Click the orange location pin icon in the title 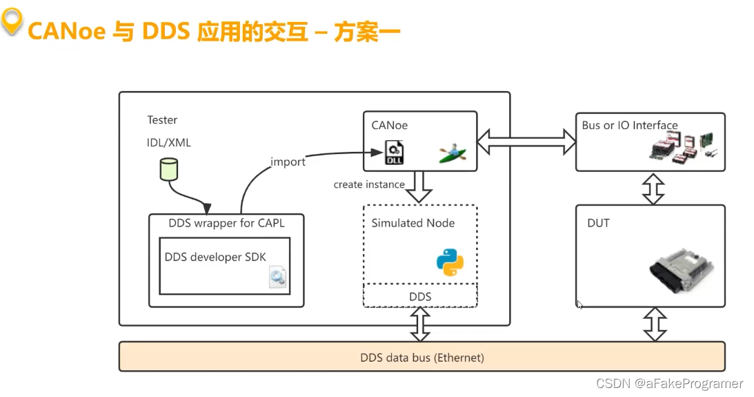(x=12, y=22)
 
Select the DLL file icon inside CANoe (x=395, y=152)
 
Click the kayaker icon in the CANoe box (x=453, y=153)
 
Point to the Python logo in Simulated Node (x=450, y=262)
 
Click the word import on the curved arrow (x=288, y=162)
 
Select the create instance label (x=369, y=184)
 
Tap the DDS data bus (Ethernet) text (x=422, y=358)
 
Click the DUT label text (x=598, y=223)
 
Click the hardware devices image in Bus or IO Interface (x=684, y=148)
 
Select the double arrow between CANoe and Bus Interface (x=527, y=142)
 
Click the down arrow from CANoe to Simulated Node (x=419, y=187)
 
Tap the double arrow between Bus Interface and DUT (x=653, y=188)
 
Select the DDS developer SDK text (x=215, y=257)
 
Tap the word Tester (x=162, y=120)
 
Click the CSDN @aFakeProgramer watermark (x=669, y=384)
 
